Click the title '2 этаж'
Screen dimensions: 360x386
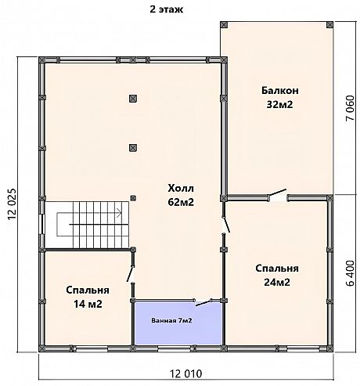167,9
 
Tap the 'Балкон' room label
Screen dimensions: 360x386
280,91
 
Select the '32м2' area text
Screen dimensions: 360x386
279,104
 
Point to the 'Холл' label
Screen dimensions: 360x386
181,188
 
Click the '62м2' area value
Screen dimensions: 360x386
181,202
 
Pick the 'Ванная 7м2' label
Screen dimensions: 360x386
171,320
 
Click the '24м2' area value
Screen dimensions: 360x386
277,282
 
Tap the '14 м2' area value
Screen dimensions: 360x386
88,304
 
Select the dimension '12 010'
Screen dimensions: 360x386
186,373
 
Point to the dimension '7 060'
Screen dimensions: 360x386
350,108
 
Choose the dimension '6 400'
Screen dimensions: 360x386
351,273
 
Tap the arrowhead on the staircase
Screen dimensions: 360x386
120,213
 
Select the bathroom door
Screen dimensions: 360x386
203,303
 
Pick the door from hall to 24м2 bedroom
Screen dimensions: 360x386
226,225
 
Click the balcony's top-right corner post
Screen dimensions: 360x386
330,25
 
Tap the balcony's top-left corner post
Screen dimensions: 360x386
224,25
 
